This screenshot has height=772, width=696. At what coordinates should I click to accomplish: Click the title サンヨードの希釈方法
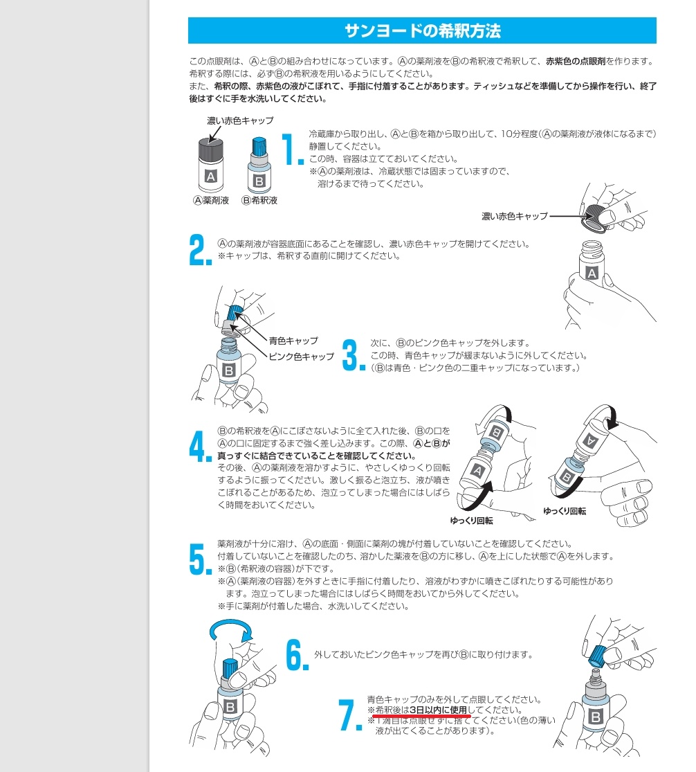(x=422, y=31)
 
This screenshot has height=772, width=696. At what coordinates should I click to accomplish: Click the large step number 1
(x=291, y=150)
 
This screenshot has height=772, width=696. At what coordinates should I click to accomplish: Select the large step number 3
(x=352, y=354)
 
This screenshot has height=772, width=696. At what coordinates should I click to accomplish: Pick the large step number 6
(x=297, y=655)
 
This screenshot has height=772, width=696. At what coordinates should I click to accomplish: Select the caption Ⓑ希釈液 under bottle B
(x=259, y=201)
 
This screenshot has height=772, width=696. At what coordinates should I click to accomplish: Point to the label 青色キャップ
(x=293, y=341)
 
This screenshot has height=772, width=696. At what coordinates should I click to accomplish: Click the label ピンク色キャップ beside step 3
(x=301, y=357)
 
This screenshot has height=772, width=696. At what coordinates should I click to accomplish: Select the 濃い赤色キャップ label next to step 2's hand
(x=514, y=217)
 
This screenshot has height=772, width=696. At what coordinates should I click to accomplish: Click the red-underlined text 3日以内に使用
(x=438, y=710)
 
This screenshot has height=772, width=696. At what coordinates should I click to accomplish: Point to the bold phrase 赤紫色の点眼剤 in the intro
(x=575, y=61)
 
